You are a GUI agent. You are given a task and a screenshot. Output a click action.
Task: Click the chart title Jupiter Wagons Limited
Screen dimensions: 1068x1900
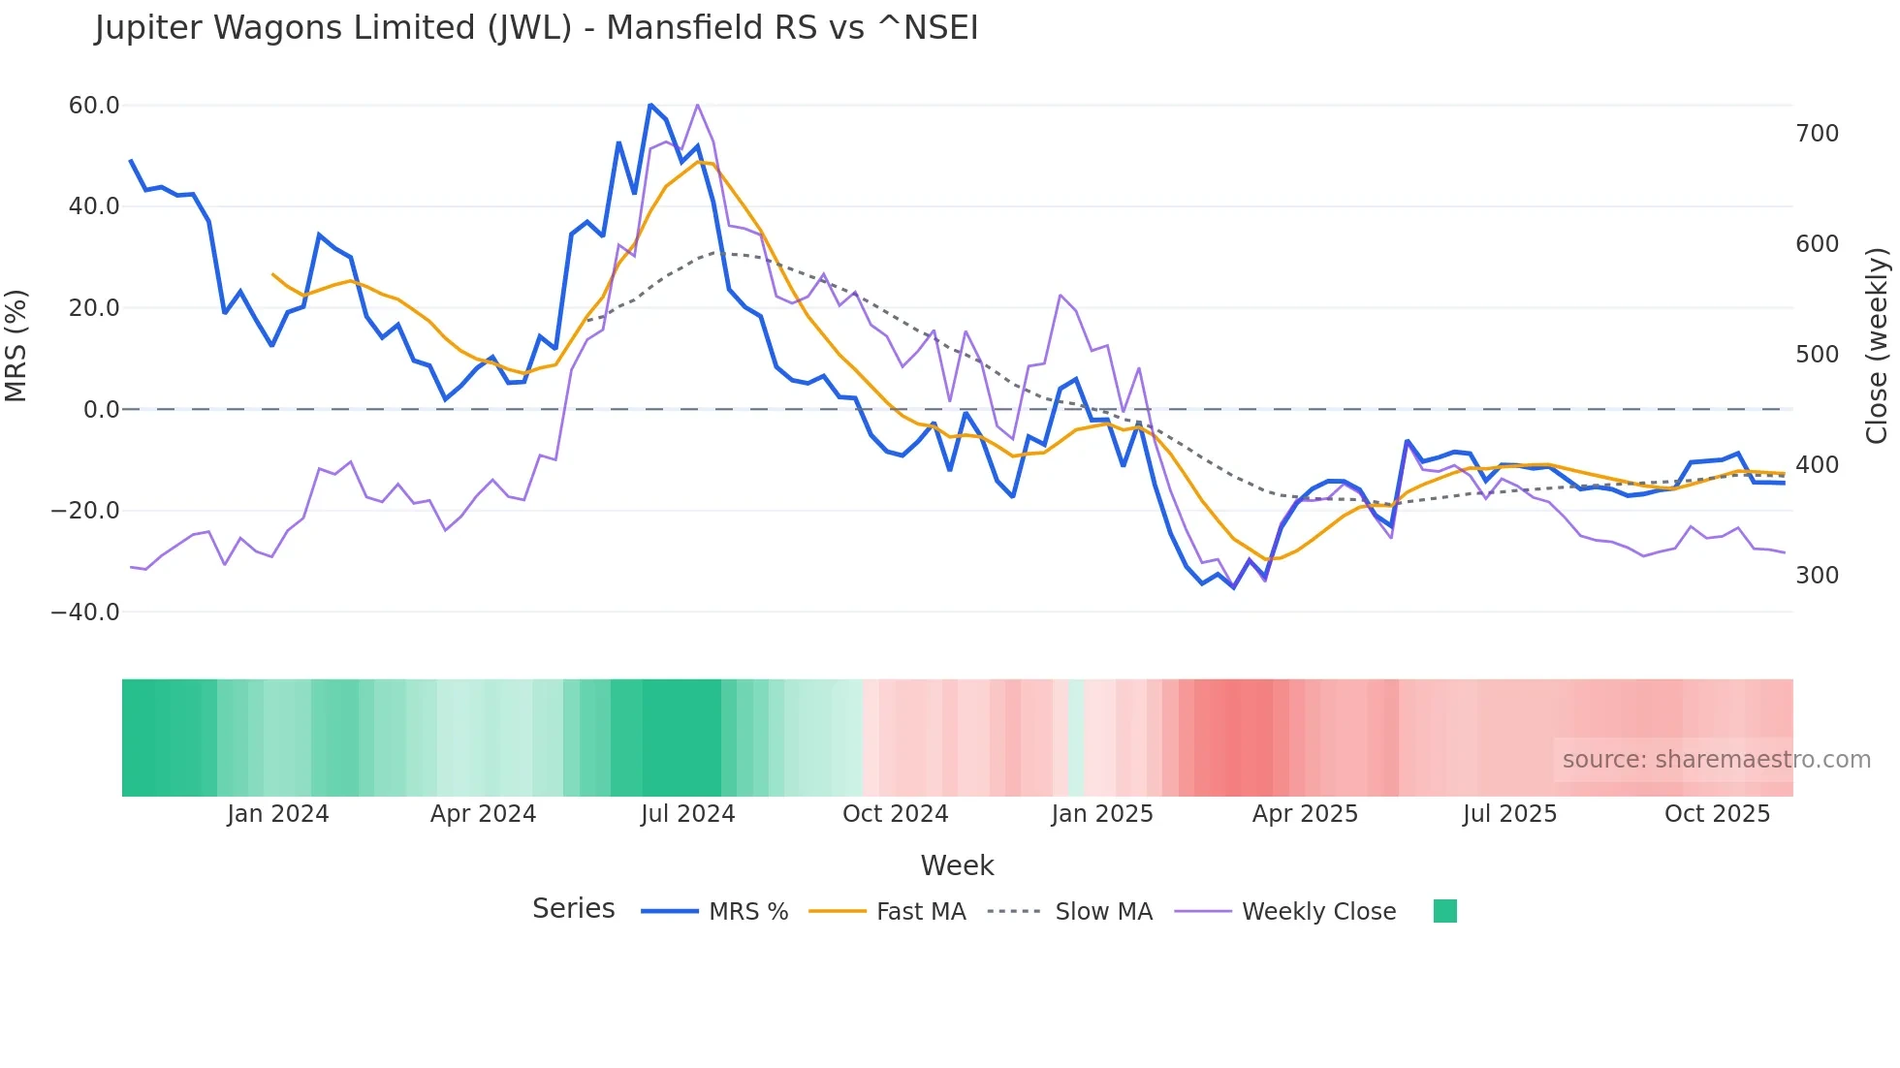536,28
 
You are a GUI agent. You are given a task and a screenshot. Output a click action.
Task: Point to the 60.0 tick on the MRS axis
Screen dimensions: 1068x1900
94,105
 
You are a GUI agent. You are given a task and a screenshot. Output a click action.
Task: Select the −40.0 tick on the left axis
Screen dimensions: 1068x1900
85,612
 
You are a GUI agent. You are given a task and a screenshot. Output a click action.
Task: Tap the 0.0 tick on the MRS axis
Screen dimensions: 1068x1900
102,409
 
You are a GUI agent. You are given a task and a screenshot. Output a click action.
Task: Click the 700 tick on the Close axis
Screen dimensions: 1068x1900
1817,133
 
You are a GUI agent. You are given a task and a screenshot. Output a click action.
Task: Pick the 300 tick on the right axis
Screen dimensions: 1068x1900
1817,575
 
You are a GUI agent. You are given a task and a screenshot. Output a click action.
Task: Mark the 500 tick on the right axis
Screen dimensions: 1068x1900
1817,354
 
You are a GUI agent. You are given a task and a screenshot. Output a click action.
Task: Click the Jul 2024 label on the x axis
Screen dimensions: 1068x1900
687,813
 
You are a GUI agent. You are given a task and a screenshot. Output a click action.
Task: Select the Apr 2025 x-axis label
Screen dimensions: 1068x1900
1305,813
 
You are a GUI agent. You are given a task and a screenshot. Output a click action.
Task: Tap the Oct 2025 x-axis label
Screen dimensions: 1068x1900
1717,813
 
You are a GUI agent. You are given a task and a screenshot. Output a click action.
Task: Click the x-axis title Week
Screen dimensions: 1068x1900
957,864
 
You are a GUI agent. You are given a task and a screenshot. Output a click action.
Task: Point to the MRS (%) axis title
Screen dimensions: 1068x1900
16,346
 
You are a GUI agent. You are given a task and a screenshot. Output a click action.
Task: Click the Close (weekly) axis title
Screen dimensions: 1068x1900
1877,346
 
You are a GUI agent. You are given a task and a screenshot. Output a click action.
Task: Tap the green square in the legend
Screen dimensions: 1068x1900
1444,911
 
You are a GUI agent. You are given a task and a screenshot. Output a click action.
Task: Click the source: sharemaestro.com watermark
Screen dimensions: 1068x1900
1716,759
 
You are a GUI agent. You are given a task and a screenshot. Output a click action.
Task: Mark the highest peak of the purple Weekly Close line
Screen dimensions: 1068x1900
698,105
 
